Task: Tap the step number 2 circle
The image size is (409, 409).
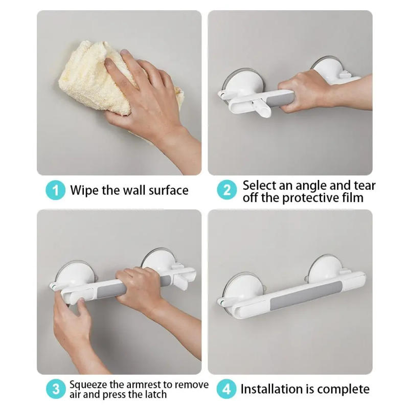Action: (227, 191)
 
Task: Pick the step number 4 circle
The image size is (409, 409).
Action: (227, 389)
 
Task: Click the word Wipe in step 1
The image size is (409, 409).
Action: (83, 191)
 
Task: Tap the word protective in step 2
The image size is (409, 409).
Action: (308, 197)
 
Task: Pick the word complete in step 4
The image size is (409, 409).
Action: (342, 389)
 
